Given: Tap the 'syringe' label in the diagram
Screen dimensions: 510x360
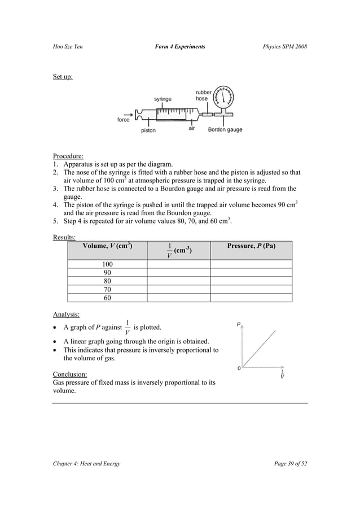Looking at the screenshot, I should (x=163, y=99).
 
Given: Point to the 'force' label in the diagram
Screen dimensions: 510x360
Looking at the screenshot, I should (x=123, y=120).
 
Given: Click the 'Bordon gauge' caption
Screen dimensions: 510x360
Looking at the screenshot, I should (x=225, y=130).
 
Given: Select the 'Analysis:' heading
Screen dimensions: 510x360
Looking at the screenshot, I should (x=66, y=315).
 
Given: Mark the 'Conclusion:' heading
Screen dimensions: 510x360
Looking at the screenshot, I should (x=70, y=374).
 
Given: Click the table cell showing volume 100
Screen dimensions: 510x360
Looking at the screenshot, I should (x=107, y=264).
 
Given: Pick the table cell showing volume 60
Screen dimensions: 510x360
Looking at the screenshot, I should (x=107, y=298).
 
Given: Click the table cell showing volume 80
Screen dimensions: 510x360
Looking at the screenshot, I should (x=107, y=281).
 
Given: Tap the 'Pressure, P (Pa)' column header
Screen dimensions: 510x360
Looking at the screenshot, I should (x=251, y=246).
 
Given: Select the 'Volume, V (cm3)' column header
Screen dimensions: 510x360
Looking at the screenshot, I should (x=107, y=246).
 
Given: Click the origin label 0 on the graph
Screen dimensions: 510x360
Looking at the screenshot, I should (x=239, y=368).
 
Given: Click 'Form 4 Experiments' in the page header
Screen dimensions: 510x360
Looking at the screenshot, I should (x=179, y=46).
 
